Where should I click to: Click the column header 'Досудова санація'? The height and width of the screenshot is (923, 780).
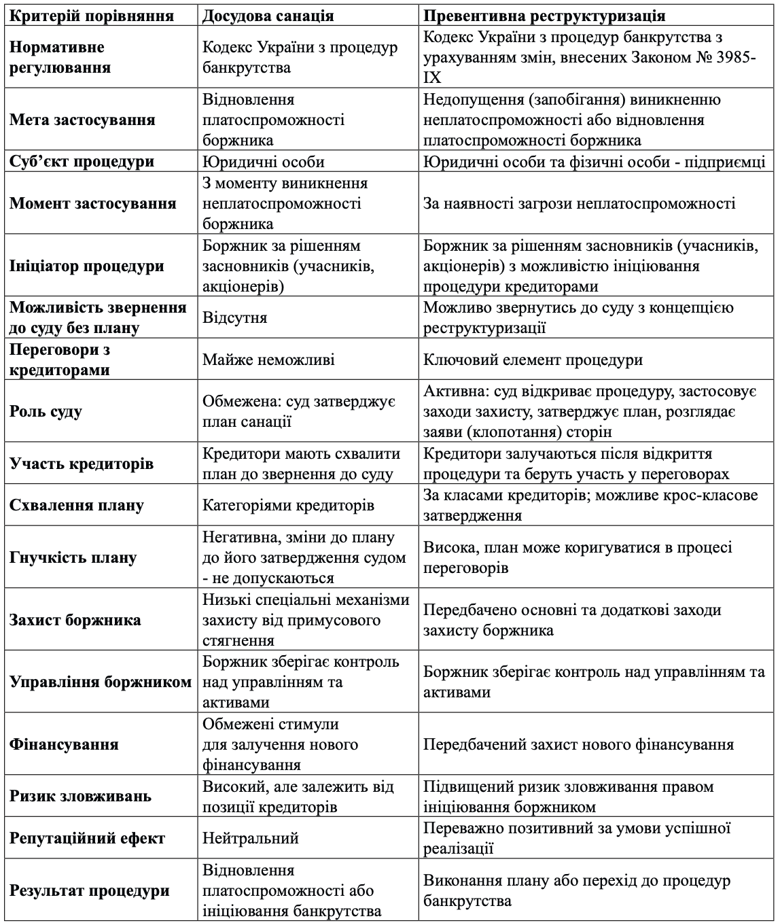(x=268, y=16)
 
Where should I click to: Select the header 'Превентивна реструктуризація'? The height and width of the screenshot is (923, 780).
(x=544, y=16)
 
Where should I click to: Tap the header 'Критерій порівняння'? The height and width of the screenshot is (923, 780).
(x=92, y=16)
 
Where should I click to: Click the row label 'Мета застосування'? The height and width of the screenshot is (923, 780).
(x=82, y=120)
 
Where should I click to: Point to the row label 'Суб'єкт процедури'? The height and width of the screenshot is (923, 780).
(x=82, y=162)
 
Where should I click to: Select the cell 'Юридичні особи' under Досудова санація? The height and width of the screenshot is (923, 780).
(x=263, y=162)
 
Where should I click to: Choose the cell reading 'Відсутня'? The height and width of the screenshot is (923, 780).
(x=234, y=318)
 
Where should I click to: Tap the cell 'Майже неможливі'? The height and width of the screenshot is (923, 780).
(x=268, y=360)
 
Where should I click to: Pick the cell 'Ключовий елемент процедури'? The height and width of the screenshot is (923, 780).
(x=533, y=360)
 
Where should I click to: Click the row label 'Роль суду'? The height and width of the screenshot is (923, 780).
(x=46, y=412)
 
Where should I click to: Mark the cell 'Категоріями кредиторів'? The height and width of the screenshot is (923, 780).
(x=288, y=506)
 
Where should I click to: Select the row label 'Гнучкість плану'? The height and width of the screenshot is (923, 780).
(x=73, y=558)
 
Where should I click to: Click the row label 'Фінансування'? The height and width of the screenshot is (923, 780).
(x=64, y=745)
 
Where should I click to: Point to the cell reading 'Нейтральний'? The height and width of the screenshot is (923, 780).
(x=251, y=839)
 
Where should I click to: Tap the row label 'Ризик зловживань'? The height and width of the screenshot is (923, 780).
(x=80, y=797)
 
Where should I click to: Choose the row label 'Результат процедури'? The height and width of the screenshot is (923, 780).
(x=89, y=891)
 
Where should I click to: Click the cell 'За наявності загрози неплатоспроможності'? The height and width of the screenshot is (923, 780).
(x=579, y=204)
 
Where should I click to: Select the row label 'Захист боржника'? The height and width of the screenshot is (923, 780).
(x=75, y=621)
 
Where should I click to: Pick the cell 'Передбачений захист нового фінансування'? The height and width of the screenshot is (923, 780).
(x=578, y=745)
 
